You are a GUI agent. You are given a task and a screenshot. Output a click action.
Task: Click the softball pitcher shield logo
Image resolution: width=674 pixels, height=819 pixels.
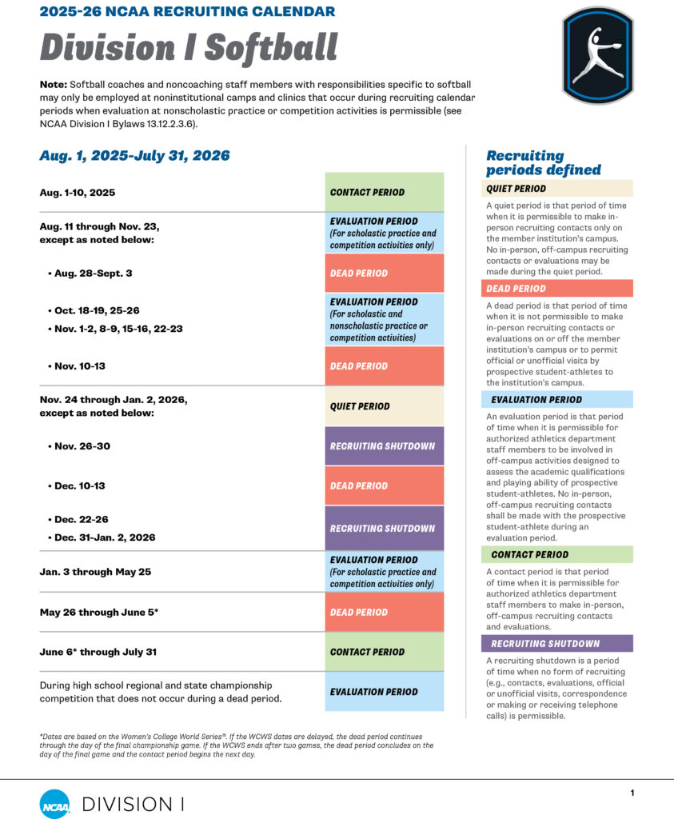(597, 55)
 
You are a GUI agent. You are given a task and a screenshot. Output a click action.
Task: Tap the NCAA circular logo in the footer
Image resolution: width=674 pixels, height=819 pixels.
(54, 803)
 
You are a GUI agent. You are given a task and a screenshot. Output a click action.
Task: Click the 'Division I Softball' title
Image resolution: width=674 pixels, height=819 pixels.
(189, 47)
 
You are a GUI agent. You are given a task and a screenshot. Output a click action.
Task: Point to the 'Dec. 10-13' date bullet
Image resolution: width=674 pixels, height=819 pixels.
(78, 485)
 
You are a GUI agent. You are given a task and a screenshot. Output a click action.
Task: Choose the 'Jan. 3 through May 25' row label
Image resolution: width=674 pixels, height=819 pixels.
(95, 572)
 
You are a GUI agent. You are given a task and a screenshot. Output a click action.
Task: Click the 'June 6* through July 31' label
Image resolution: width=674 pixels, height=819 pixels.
(98, 652)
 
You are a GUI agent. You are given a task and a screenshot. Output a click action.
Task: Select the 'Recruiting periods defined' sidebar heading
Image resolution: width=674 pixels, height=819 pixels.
(544, 162)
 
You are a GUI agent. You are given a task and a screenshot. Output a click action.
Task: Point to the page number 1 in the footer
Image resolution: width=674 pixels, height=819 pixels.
(632, 793)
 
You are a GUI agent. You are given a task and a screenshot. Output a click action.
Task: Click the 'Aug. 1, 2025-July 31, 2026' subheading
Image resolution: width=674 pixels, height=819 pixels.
(134, 156)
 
